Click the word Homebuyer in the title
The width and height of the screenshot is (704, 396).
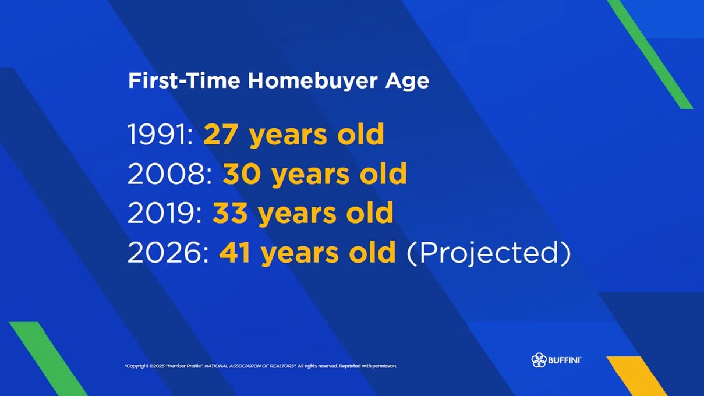coord(313,81)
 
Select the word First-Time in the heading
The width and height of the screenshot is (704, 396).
coord(184,80)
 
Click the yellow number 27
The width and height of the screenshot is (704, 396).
coord(220,134)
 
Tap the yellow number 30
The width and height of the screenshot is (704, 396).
coord(242,174)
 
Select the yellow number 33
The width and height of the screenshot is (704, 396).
coord(230,213)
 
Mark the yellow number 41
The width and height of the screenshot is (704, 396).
coord(235,252)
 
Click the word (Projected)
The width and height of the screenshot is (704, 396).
coord(489,253)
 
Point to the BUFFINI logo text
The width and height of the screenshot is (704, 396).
coord(564,360)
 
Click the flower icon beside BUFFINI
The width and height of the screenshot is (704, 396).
coord(539,360)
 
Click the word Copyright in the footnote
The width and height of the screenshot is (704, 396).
coord(137,366)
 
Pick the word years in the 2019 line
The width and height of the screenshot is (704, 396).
coord(298,215)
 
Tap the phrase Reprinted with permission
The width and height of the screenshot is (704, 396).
coord(368,366)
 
